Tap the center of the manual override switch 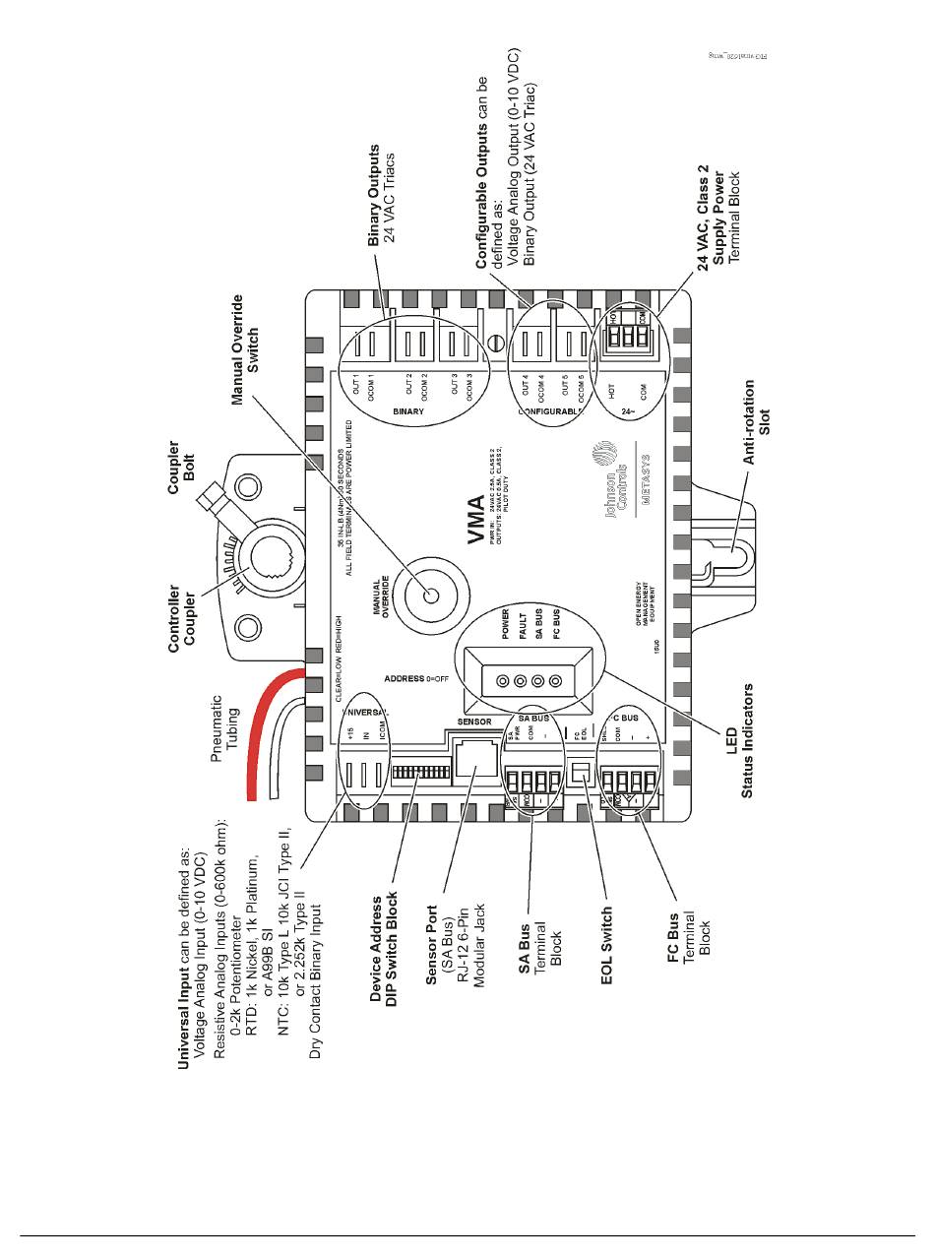pyautogui.click(x=431, y=595)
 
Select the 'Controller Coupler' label pyautogui.click(x=182, y=619)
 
